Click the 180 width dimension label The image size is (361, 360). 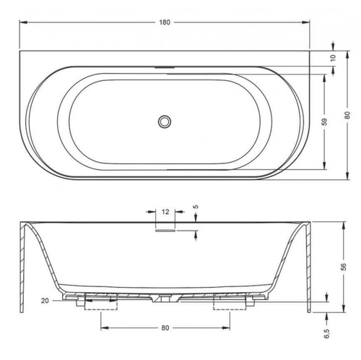pos(165,22)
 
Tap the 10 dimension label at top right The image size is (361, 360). pos(333,58)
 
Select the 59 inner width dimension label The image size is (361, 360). pos(324,121)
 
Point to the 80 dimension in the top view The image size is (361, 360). pos(347,115)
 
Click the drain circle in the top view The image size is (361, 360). pos(165,121)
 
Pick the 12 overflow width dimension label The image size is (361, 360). pos(165,212)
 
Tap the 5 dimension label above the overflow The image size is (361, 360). pos(196,207)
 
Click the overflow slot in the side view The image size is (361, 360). pos(165,231)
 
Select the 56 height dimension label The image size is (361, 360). pos(344,267)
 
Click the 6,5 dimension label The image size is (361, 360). pos(326,333)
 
